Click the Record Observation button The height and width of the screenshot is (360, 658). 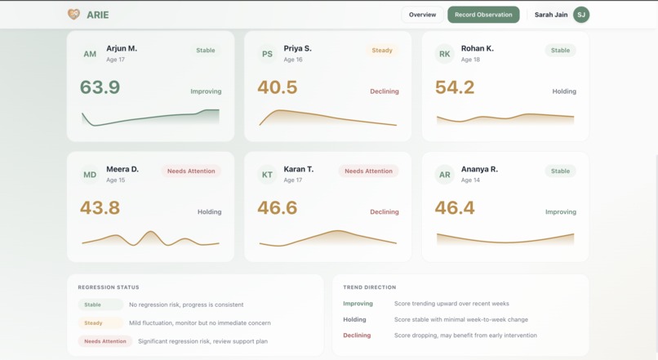coord(483,15)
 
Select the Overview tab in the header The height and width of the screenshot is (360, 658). coord(422,15)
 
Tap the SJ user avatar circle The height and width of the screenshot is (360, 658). coord(581,15)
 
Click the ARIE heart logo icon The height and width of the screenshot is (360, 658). coord(73,15)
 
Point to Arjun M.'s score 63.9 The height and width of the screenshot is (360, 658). coord(100,87)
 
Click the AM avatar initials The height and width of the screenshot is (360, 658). coord(90,55)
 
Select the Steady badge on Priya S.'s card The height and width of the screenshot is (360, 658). coord(382,51)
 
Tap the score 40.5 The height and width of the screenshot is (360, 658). coord(277,87)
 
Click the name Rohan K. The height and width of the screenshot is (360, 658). coord(477,48)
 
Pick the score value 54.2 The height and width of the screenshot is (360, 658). coord(455,87)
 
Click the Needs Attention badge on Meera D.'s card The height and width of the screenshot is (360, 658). coord(191,171)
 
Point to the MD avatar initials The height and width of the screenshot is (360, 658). coord(90,175)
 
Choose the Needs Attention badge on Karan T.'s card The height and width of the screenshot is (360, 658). coord(368,171)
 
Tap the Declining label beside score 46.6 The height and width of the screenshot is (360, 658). coord(384,211)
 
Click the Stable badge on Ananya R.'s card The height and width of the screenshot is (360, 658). coord(560,171)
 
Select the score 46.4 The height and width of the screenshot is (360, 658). coord(455,208)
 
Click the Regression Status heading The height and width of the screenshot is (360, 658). coord(109,287)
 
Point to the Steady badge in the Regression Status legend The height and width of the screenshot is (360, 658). coord(94,322)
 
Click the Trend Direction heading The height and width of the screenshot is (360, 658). coord(370,287)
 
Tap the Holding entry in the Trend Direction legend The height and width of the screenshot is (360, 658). coord(354,319)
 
